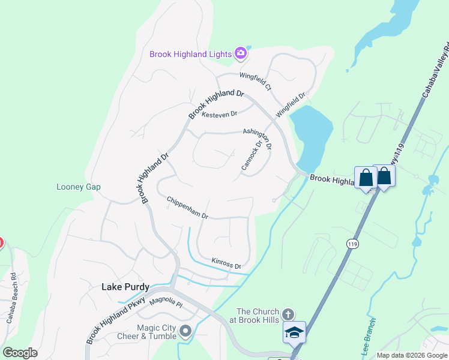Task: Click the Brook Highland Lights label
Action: (x=190, y=54)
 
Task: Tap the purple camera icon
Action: (x=241, y=53)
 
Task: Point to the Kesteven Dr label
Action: (x=220, y=113)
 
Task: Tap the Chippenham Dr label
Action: (x=187, y=208)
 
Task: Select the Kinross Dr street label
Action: (x=226, y=263)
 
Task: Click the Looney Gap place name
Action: (x=79, y=187)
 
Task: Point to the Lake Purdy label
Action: (x=125, y=287)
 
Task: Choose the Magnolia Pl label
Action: (x=166, y=302)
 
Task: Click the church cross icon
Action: (x=288, y=314)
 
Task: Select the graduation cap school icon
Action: (x=295, y=332)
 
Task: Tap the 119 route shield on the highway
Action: (x=353, y=244)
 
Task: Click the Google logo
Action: (x=20, y=353)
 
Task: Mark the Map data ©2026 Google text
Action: (x=412, y=355)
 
